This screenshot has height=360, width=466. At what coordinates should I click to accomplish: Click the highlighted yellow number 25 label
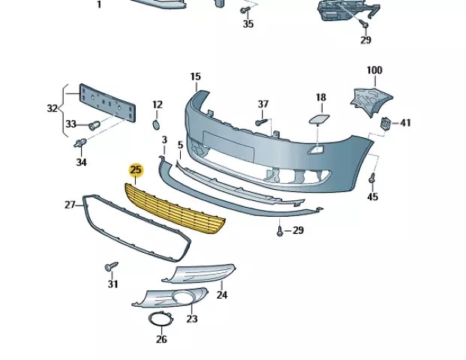coord(136,170)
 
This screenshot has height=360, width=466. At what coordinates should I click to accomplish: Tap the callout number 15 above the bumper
coord(195,76)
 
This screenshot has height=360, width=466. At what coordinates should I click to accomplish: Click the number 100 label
coord(374,70)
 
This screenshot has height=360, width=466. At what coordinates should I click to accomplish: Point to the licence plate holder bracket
coord(108,103)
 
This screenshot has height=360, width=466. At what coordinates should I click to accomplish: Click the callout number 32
coord(52,108)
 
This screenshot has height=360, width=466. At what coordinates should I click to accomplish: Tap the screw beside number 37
coord(260,121)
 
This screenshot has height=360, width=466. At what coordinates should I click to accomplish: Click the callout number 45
coord(372,197)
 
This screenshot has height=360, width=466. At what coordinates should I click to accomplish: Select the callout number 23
coord(191,319)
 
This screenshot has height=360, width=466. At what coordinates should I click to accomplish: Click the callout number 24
coord(221,295)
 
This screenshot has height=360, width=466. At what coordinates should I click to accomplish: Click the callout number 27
coord(70,205)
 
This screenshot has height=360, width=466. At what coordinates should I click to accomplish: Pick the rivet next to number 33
coord(95,124)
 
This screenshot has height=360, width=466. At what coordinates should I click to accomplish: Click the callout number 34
coord(82,162)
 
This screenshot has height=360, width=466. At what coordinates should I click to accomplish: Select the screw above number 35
coord(245,10)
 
